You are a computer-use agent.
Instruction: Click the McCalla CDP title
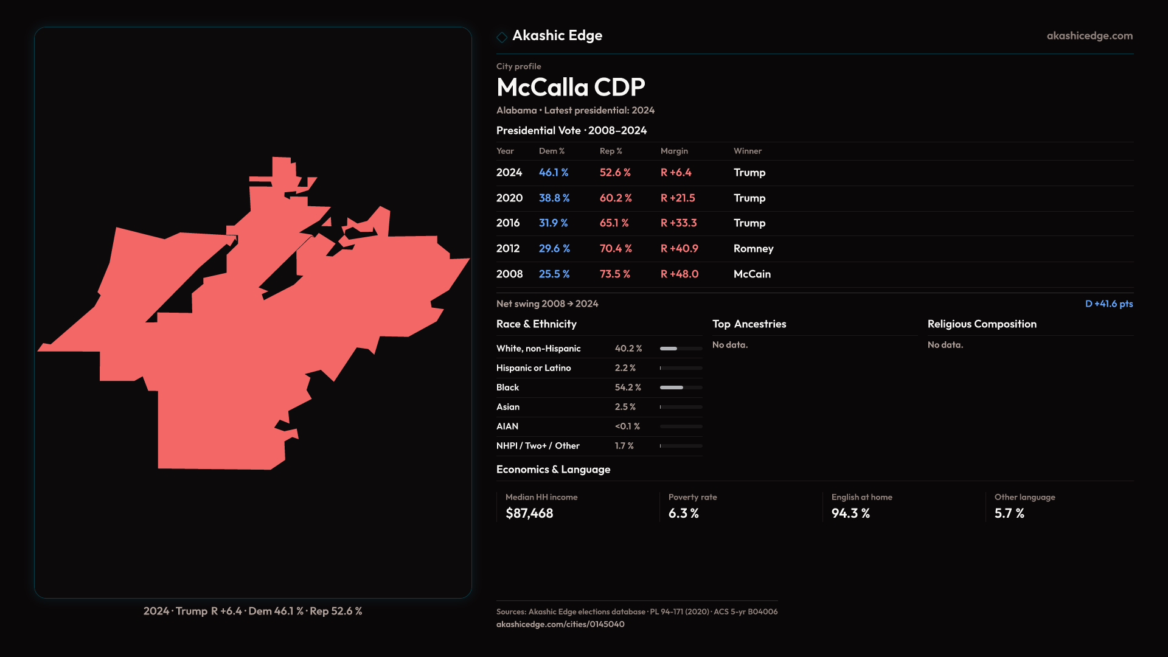(x=570, y=88)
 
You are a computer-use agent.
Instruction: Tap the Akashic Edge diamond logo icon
(x=502, y=37)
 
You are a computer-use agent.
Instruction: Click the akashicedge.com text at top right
(x=1090, y=36)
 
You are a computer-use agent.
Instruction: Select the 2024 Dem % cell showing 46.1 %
(x=554, y=173)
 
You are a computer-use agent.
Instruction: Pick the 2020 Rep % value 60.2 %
(x=616, y=198)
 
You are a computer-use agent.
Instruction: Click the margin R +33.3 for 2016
(x=679, y=223)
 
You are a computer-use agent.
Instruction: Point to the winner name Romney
(x=753, y=249)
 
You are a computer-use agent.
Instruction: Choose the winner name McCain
(x=752, y=274)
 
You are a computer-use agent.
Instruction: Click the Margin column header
(x=674, y=151)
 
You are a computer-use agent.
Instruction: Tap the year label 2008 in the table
(x=509, y=274)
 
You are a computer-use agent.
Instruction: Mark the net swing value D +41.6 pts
(x=1108, y=304)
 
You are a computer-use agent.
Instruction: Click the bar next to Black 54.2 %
(x=681, y=388)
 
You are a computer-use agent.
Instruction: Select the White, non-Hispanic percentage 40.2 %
(x=628, y=349)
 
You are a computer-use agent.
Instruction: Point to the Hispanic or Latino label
(x=534, y=368)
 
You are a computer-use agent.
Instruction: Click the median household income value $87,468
(x=529, y=513)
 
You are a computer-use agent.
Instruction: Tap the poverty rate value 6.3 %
(x=683, y=513)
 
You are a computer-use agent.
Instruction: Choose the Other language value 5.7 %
(x=1009, y=513)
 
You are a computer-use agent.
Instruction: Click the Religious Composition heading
(x=982, y=324)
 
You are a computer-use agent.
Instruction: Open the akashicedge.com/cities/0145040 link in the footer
(x=560, y=624)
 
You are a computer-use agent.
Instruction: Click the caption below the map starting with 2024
(x=252, y=611)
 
